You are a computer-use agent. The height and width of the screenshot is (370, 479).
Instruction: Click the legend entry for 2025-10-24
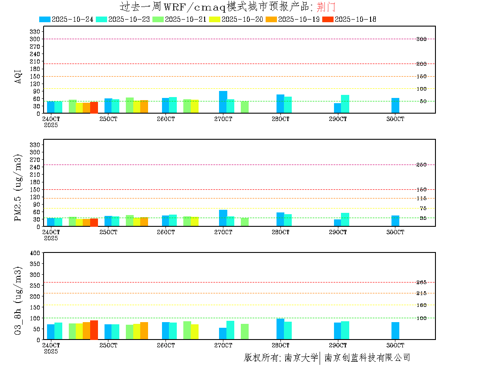[x=66, y=19]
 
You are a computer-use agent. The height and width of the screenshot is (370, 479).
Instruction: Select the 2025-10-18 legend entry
[x=349, y=19]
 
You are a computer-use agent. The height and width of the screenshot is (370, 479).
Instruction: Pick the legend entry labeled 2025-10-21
[x=179, y=19]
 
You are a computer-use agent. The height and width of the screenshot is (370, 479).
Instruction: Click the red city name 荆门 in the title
[x=326, y=7]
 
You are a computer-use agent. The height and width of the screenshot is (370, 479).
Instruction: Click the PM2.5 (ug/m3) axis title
[x=18, y=187]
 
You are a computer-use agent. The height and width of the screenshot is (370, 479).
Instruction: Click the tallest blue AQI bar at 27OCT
[x=223, y=102]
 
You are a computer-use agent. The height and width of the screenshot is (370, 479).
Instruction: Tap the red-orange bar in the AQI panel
[x=94, y=107]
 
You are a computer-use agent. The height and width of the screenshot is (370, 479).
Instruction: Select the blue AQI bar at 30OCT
[x=395, y=105]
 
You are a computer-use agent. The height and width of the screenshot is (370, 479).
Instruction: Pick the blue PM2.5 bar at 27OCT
[x=223, y=218]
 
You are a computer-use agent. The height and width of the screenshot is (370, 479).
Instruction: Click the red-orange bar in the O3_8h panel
[x=94, y=330]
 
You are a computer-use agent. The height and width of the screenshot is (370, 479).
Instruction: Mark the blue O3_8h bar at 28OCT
[x=280, y=329]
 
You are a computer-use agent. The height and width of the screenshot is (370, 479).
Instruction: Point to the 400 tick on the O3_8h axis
[x=35, y=253]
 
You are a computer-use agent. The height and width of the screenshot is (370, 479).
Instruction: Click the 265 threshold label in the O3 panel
[x=421, y=283]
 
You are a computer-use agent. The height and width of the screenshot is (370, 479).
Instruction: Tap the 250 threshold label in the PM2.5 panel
[x=421, y=165]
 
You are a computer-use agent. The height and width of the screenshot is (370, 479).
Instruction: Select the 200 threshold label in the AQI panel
[x=421, y=64]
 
